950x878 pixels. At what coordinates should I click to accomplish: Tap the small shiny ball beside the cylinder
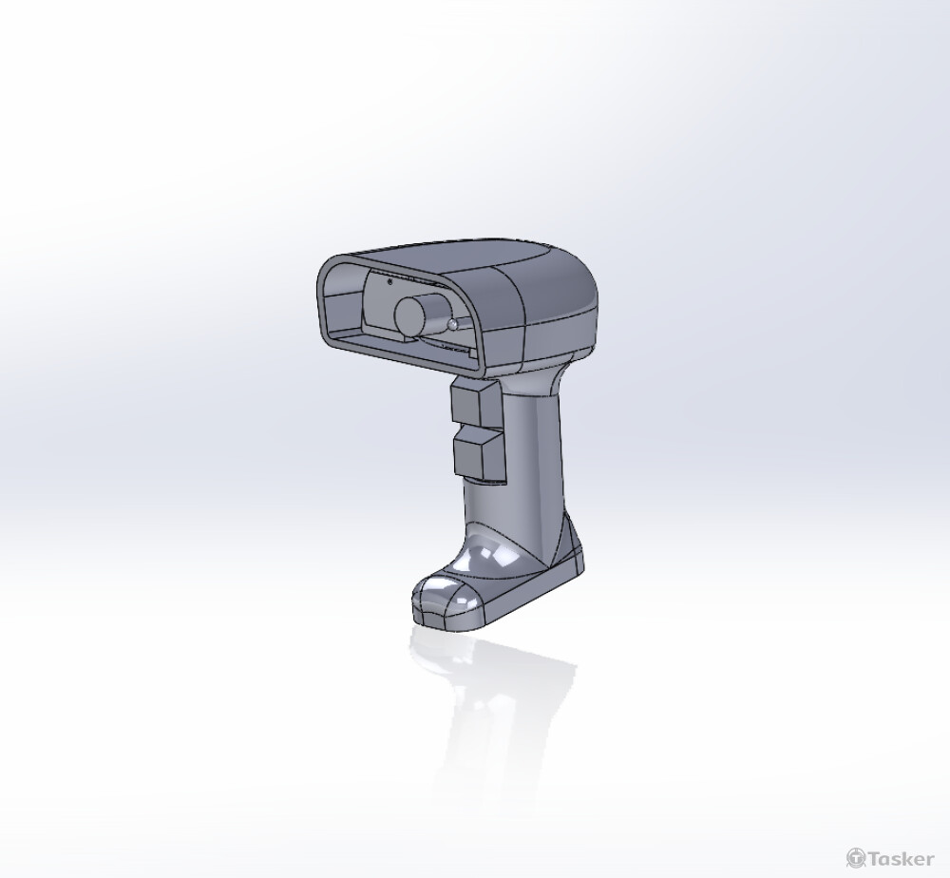coord(454,324)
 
